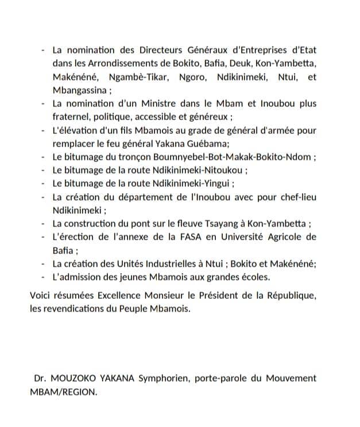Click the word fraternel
click(69, 117)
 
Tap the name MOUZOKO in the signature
click(72, 379)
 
